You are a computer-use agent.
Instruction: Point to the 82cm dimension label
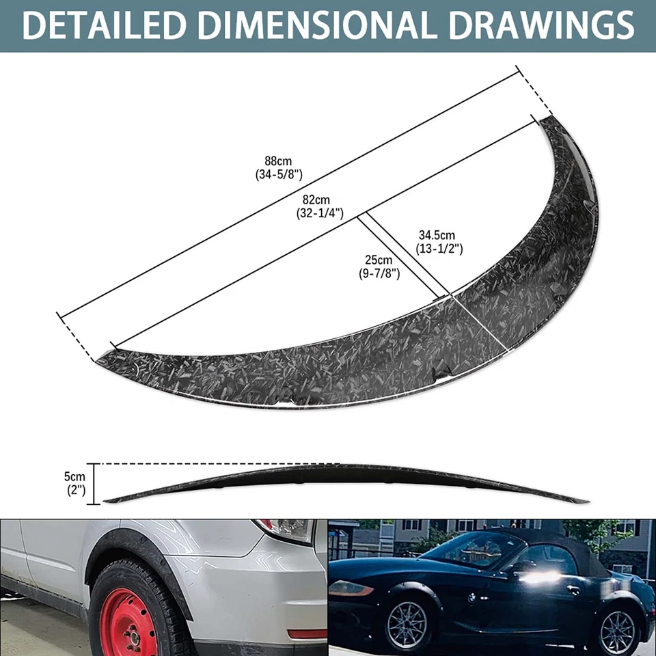(315, 200)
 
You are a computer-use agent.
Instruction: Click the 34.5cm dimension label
(437, 236)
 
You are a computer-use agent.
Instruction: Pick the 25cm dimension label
(379, 260)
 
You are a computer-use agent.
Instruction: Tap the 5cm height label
(75, 476)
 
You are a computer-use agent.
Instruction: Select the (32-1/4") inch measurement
(315, 213)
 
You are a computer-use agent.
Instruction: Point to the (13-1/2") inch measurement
(439, 249)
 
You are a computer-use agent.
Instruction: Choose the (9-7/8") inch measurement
(379, 273)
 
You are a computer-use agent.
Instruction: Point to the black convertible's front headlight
(350, 588)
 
